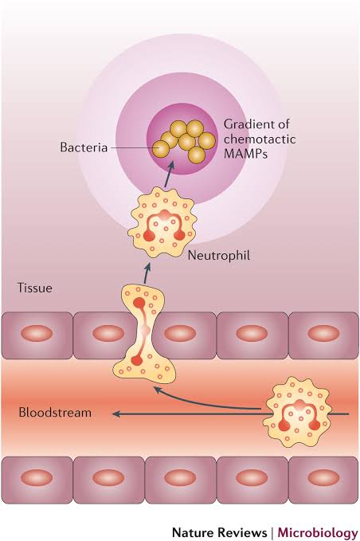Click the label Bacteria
click(84, 147)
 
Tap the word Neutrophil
click(218, 256)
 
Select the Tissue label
click(35, 288)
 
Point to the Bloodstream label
click(55, 412)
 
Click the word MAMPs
click(245, 154)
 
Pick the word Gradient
click(247, 123)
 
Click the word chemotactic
click(260, 139)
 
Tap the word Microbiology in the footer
click(318, 532)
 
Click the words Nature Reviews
click(219, 531)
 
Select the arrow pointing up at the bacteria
click(169, 174)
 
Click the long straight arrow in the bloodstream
click(231, 414)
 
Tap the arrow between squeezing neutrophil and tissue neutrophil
click(147, 273)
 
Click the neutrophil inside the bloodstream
click(297, 412)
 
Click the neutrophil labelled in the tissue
click(162, 222)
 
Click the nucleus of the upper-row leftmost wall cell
click(37, 334)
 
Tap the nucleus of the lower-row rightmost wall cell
click(323, 478)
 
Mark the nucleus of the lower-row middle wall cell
click(180, 478)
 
